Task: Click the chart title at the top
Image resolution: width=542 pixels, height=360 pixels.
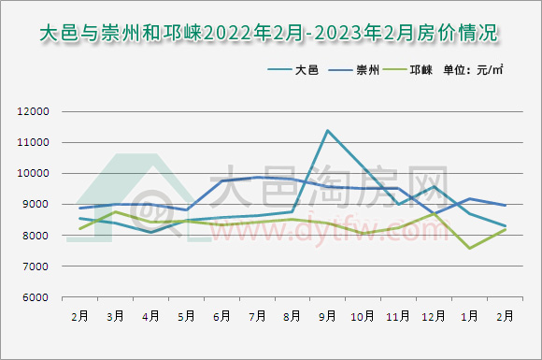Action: coord(271,34)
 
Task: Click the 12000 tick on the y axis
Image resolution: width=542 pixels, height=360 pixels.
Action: coord(33,111)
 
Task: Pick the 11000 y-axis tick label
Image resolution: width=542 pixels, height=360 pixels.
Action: coord(33,142)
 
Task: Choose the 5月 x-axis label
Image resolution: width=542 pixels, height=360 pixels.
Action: coord(186,317)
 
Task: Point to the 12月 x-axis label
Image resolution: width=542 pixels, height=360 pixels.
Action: coord(433,317)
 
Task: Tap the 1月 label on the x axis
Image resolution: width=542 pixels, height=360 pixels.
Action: coord(469,317)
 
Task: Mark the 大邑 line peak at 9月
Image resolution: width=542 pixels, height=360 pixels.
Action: coord(327,130)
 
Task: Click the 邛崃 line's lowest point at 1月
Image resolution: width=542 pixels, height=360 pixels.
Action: coord(469,248)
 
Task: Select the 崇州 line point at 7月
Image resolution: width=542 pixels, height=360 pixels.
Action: coord(257,177)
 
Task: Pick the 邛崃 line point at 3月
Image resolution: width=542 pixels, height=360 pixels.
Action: coord(115,212)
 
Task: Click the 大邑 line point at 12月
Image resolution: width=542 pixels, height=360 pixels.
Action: coord(434,187)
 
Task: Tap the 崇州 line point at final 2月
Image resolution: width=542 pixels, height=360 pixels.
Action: coord(505,206)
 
